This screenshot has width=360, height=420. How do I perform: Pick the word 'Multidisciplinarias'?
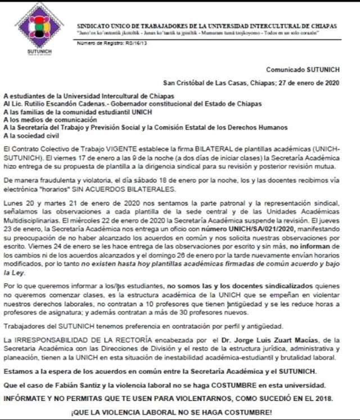(32, 218)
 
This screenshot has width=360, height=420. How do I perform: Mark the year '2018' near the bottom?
(333, 397)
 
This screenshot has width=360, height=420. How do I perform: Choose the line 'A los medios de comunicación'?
(49, 120)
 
